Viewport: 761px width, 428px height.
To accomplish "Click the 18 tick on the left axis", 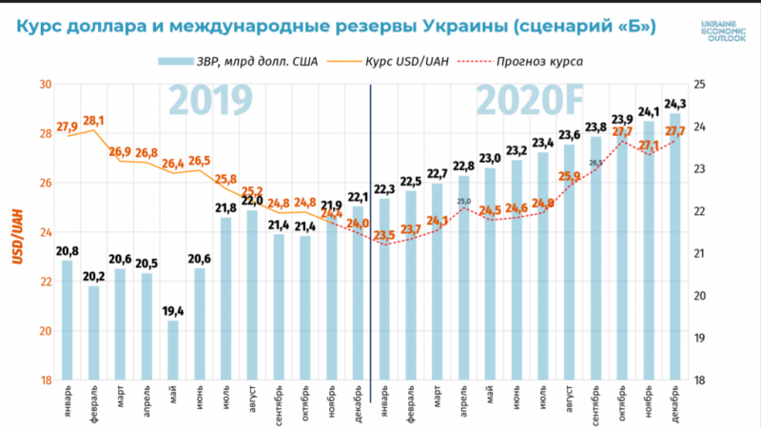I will point(45,380).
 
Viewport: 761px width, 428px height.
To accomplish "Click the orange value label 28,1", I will point(94,121).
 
